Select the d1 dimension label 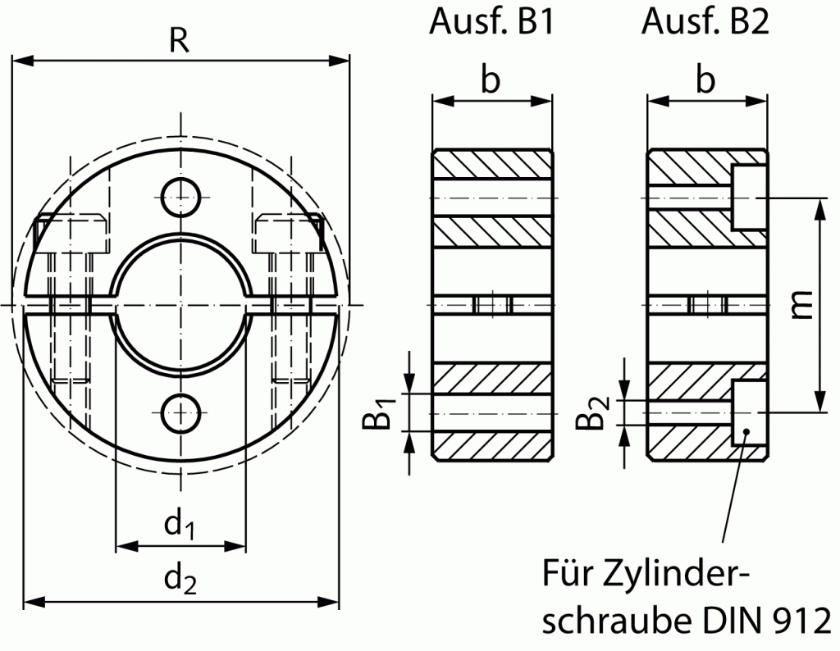coord(179,526)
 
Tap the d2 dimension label coord(180,580)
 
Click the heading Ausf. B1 coord(491,22)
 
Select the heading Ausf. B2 coord(705,22)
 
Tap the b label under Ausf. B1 coord(490,80)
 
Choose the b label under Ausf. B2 coord(705,80)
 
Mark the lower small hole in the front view coord(180,412)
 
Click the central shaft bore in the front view coord(180,305)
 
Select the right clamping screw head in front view coord(287,233)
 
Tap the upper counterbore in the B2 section coord(748,197)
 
